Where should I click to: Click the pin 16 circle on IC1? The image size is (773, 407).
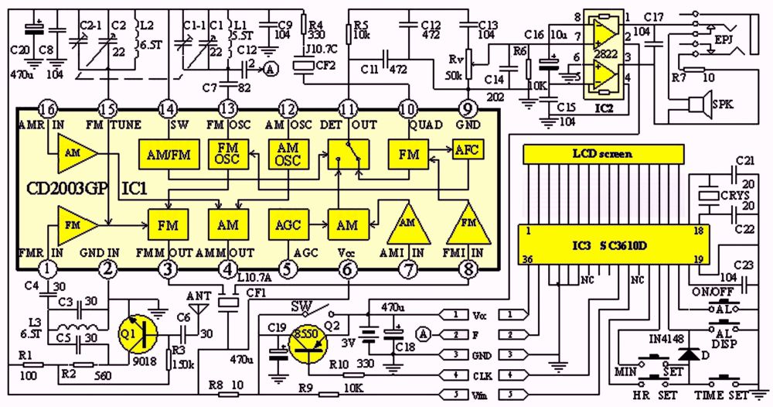(48, 110)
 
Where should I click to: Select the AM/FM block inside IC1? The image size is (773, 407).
(167, 154)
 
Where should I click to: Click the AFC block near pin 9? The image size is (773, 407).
(467, 149)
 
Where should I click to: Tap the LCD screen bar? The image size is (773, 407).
(601, 154)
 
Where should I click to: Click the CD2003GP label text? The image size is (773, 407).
(62, 187)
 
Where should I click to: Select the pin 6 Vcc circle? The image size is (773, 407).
(348, 268)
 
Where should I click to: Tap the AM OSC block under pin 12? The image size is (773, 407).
(288, 154)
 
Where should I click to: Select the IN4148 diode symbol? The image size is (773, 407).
(685, 354)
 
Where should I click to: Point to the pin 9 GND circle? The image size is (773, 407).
(468, 110)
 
